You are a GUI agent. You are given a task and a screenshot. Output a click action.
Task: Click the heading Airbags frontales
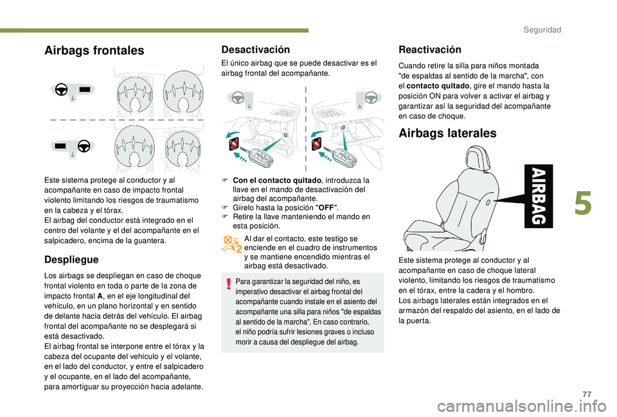94,51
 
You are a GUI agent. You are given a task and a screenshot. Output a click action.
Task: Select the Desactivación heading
256,49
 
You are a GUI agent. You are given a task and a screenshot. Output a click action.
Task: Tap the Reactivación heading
430,49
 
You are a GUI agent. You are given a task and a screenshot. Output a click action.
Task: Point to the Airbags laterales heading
447,133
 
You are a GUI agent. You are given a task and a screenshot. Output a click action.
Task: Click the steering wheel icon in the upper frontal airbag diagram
61,89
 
